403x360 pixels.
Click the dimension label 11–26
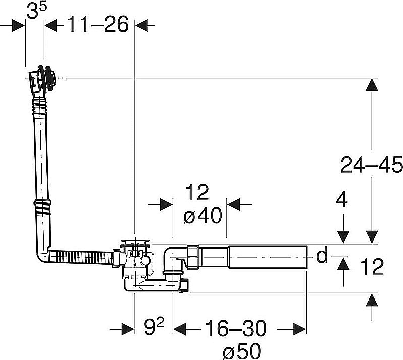click(98, 24)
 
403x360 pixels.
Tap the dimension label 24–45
click(371, 165)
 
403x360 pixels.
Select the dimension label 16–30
click(236, 328)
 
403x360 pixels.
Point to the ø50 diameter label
click(242, 351)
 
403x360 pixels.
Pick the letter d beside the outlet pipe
click(322, 255)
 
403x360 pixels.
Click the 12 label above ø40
click(197, 192)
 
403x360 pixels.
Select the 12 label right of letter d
click(372, 267)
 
